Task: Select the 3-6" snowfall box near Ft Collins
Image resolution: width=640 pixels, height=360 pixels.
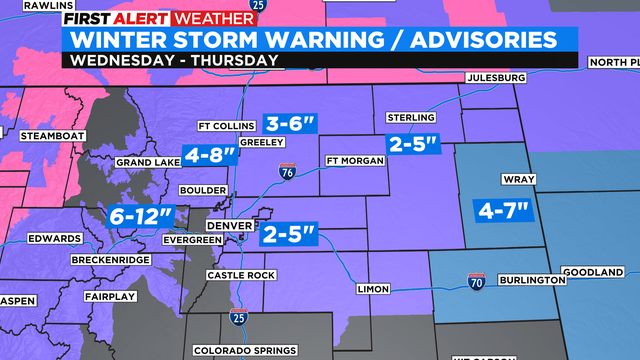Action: tap(291, 125)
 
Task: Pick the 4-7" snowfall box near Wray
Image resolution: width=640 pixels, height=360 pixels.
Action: tap(504, 211)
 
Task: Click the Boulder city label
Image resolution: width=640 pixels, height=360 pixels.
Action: tap(203, 190)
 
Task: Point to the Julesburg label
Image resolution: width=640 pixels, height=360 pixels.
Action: tap(495, 79)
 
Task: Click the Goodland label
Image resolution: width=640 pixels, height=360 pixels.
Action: tap(600, 272)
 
